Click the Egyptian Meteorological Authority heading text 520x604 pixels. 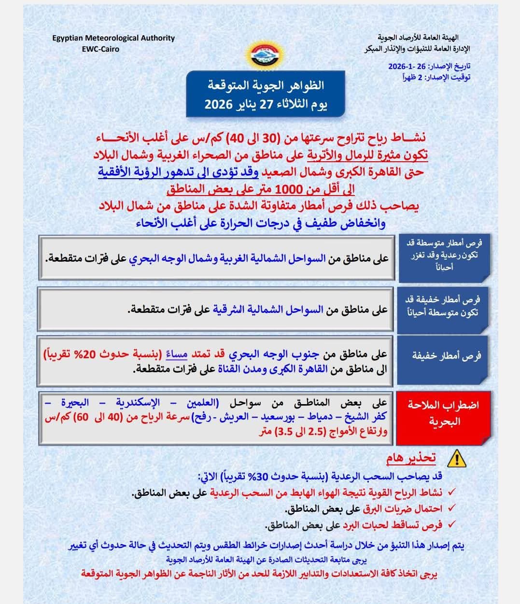click(x=113, y=38)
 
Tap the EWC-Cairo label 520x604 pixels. click(x=100, y=49)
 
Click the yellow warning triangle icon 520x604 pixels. click(x=456, y=458)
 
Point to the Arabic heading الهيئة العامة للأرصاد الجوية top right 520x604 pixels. click(x=418, y=38)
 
